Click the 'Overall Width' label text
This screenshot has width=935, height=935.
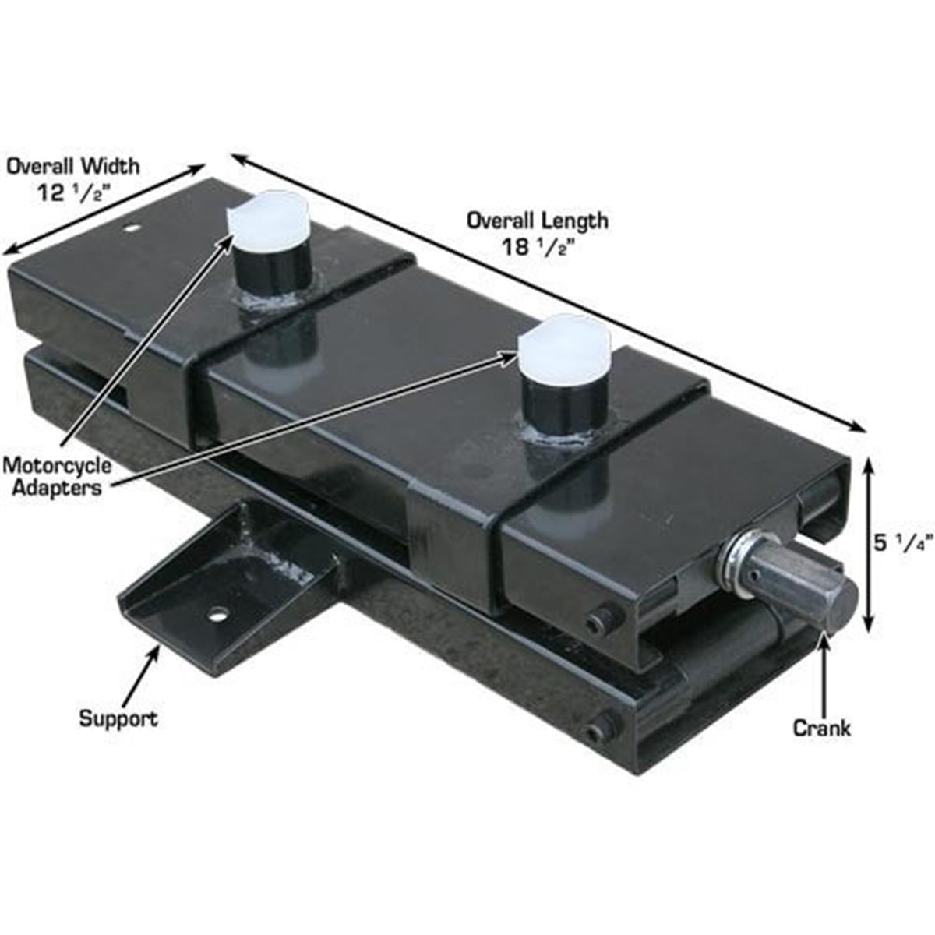(74, 167)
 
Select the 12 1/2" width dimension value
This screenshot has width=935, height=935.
(72, 193)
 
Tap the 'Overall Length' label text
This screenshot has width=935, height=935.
(537, 221)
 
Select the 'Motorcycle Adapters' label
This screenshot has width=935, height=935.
(57, 476)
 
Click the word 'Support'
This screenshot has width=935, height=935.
(119, 718)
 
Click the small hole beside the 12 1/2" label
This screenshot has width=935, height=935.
(131, 228)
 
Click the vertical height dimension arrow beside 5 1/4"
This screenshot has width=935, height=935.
(869, 545)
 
